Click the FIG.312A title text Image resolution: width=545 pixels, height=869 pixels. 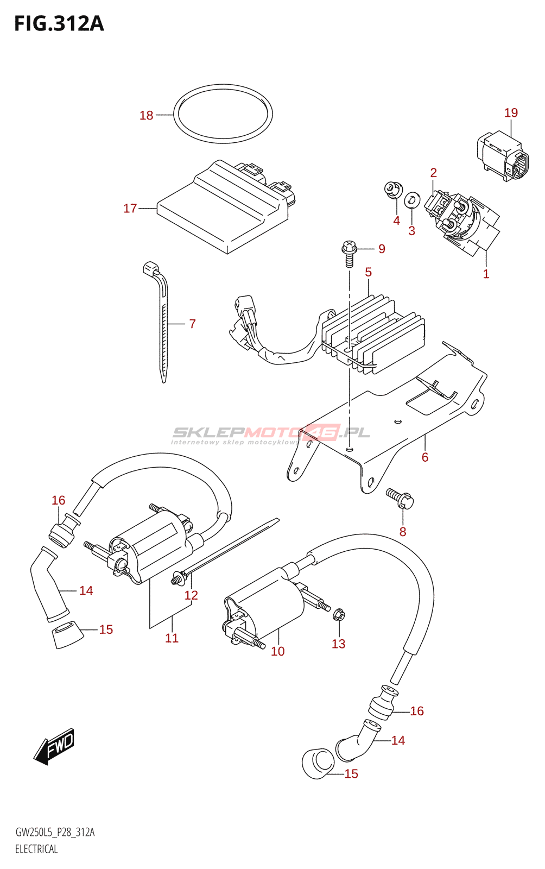point(59,23)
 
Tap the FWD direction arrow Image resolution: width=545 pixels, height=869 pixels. point(54,746)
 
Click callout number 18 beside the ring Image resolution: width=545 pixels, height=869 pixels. point(147,115)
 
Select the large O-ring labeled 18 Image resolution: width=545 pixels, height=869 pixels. point(223,114)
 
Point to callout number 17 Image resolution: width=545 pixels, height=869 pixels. point(130,209)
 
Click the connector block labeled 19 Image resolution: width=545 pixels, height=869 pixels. point(502,156)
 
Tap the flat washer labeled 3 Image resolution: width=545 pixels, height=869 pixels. point(411,200)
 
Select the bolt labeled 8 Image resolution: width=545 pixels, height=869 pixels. point(401,499)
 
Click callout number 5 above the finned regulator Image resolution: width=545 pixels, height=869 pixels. point(368,272)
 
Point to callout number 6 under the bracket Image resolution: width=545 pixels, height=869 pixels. point(425,457)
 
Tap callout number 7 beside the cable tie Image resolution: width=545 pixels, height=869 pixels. point(192,324)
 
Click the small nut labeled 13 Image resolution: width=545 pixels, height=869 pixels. point(339,614)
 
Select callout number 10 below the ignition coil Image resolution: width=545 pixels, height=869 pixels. point(278,651)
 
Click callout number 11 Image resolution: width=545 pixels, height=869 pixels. point(172,638)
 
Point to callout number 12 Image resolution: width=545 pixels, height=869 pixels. point(191,595)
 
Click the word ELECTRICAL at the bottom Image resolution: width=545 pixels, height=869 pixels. point(36,849)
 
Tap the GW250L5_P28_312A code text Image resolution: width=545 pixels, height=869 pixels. point(55,832)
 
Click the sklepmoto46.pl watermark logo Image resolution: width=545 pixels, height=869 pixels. point(270,435)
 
